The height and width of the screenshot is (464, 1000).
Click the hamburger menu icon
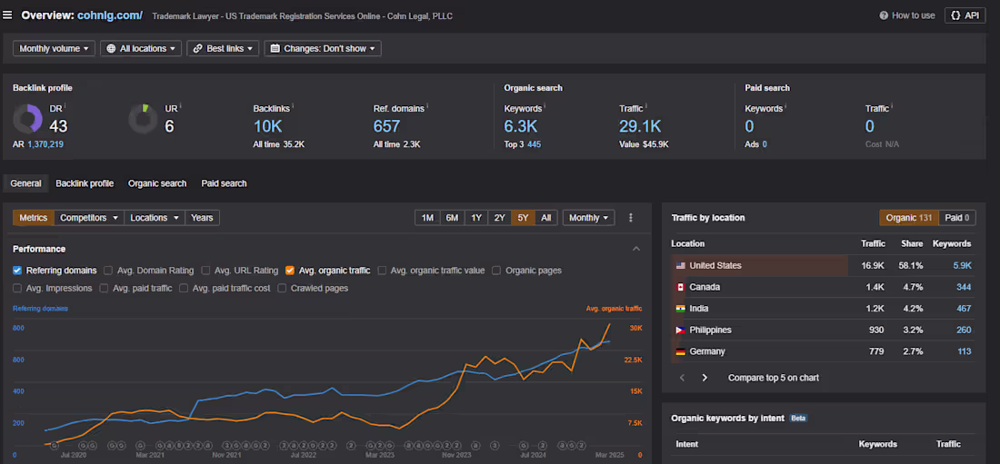click(x=8, y=15)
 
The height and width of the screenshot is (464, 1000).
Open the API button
click(x=965, y=15)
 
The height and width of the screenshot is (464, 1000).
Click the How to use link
click(x=906, y=15)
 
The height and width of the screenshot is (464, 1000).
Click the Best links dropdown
click(x=223, y=48)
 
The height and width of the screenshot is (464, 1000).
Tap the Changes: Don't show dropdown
click(x=323, y=48)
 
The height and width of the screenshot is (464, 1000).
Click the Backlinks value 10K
click(x=268, y=126)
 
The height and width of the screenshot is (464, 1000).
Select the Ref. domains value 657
click(x=386, y=126)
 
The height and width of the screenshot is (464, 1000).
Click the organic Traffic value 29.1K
click(x=640, y=126)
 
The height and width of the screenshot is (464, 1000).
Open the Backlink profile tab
click(x=85, y=183)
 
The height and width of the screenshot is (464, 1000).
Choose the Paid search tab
click(x=224, y=183)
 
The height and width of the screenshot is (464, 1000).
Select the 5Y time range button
click(x=523, y=218)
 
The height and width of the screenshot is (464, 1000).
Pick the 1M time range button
click(x=427, y=218)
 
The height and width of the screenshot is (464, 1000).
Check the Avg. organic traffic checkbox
click(x=290, y=271)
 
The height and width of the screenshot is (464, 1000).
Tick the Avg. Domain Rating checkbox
click(x=108, y=271)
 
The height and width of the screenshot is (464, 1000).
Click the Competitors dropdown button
click(x=88, y=218)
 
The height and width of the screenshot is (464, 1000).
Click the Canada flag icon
click(x=678, y=287)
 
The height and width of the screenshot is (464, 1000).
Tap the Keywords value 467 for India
click(x=963, y=309)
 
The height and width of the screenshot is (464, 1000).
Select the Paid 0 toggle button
click(x=957, y=218)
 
